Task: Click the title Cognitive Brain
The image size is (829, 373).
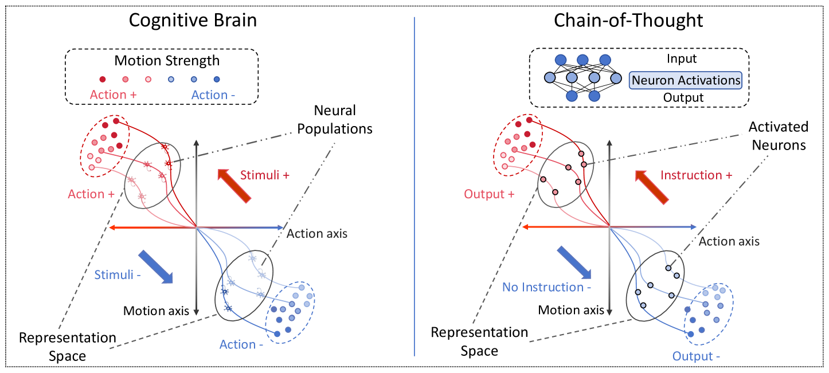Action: click(x=192, y=21)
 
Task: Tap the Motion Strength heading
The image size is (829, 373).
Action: click(x=167, y=60)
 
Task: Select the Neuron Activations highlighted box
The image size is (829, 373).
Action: click(x=685, y=80)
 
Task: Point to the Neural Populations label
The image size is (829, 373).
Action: click(x=335, y=119)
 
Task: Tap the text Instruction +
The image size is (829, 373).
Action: click(x=697, y=175)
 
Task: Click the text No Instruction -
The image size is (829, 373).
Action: click(x=546, y=287)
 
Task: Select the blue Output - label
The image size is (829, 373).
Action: click(x=697, y=356)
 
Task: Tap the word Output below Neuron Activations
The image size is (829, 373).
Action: click(x=683, y=97)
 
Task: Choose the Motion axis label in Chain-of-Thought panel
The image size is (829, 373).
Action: click(x=571, y=310)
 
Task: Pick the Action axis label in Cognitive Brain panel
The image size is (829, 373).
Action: click(x=316, y=234)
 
